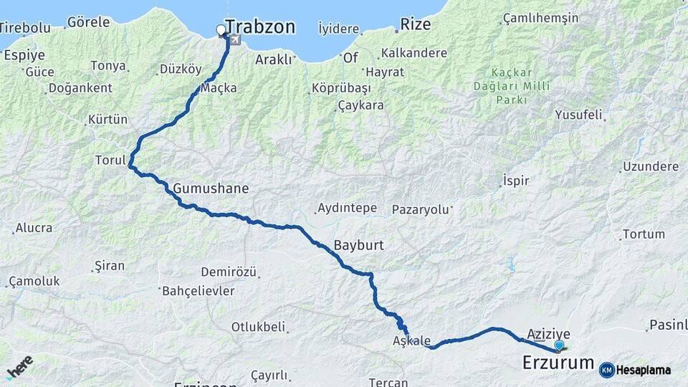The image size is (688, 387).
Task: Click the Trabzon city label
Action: [260, 27]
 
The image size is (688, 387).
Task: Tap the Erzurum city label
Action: [558, 363]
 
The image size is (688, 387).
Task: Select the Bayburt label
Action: [358, 245]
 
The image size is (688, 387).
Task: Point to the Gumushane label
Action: [211, 189]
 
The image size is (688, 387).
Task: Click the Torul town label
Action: [110, 160]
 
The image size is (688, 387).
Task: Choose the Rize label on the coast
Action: [416, 24]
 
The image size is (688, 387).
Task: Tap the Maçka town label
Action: [219, 88]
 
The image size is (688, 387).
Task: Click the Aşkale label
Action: [412, 340]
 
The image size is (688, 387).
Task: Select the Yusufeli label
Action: [579, 114]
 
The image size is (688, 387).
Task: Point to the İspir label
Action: [516, 181]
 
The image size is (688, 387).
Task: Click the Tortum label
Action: [644, 234]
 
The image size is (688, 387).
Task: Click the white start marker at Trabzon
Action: [221, 30]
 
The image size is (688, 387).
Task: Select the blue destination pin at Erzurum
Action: [559, 345]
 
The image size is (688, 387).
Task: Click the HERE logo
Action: [19, 367]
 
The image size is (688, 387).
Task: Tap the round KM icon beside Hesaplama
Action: [607, 370]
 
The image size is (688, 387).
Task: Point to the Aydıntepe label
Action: [346, 209]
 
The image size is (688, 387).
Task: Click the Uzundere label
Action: [651, 167]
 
